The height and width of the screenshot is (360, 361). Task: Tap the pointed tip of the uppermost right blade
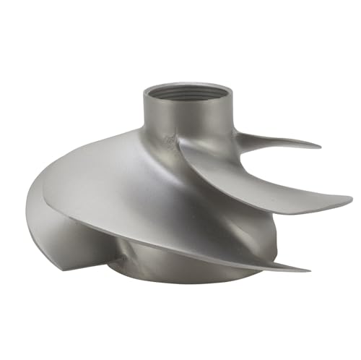point(318,145)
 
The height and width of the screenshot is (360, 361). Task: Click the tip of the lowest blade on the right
point(308,269)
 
